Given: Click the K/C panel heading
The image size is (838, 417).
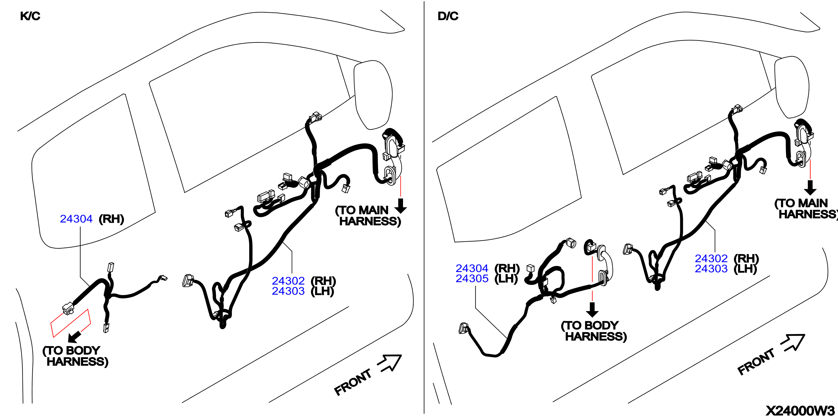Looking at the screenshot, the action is [x=30, y=16].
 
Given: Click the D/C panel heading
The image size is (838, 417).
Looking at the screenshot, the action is [x=448, y=16].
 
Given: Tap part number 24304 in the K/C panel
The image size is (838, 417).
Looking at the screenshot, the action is [x=76, y=219].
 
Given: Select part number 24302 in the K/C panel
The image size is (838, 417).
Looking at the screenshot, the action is [x=288, y=281].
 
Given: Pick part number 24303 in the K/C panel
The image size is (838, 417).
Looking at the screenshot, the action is [x=288, y=291].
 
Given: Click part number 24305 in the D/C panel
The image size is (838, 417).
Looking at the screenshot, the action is [x=472, y=278].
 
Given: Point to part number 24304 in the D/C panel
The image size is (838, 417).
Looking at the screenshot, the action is [x=472, y=268].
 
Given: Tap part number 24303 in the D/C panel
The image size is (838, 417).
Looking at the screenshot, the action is [x=711, y=269].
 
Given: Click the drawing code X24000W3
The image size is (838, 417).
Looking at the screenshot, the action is [x=800, y=411].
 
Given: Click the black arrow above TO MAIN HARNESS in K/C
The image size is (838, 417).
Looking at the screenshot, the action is [x=401, y=206].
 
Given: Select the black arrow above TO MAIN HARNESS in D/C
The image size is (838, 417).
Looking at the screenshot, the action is [x=810, y=188].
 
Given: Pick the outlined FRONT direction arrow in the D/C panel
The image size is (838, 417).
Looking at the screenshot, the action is [x=793, y=343].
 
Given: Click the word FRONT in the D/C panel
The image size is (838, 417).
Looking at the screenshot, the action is [x=756, y=362].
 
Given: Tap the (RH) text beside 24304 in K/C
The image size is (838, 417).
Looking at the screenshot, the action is [x=111, y=219].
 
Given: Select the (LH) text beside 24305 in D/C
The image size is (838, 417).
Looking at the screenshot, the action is [x=506, y=279].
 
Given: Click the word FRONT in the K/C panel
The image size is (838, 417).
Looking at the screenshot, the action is [x=353, y=382].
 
